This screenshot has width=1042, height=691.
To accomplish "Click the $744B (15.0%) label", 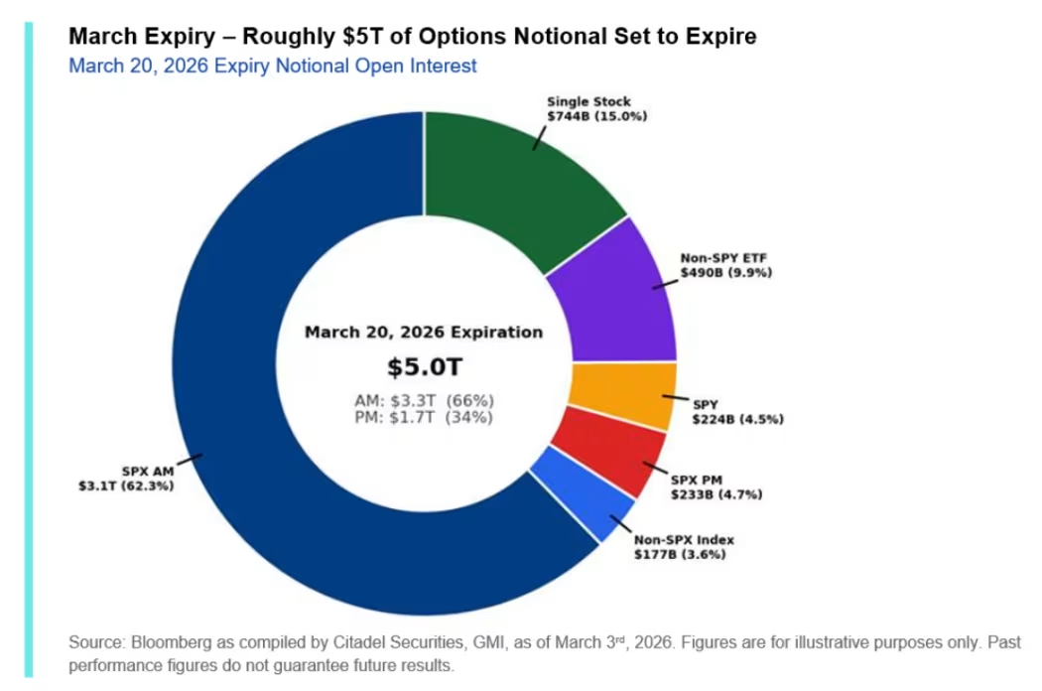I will click(x=596, y=116).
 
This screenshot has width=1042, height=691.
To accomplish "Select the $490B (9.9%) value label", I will click(x=725, y=271).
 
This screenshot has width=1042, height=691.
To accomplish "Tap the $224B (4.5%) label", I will click(x=738, y=419).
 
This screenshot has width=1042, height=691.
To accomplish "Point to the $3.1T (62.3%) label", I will click(x=126, y=486).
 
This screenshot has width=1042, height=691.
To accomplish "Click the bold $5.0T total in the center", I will click(x=424, y=367).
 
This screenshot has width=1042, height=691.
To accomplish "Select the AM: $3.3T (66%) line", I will click(x=424, y=400).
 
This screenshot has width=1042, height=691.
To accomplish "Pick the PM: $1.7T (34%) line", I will click(x=424, y=418).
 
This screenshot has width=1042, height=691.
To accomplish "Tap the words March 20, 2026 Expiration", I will click(x=424, y=333).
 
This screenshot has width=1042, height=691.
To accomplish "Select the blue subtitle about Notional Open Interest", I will click(x=273, y=67).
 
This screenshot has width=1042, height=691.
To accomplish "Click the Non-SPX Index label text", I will click(x=684, y=539).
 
